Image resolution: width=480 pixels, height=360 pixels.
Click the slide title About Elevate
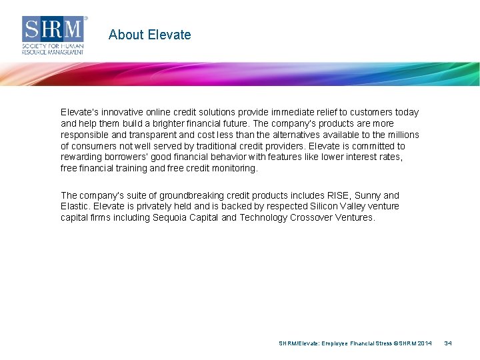tap(149, 35)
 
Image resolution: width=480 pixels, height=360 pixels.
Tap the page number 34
tap(448, 343)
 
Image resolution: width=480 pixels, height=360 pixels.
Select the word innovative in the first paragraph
tap(125, 112)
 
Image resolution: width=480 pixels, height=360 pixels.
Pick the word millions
tap(401, 135)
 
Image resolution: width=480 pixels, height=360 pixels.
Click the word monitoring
tap(234, 168)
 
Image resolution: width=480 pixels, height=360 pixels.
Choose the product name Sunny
tap(368, 195)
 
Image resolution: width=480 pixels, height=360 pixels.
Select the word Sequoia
tap(171, 217)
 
